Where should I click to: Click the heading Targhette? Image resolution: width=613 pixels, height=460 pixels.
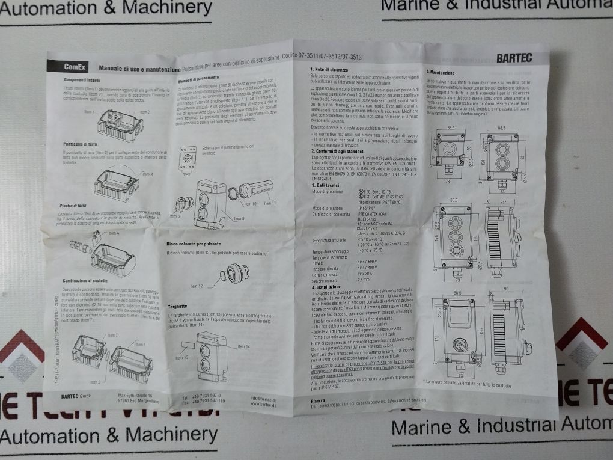[178, 306]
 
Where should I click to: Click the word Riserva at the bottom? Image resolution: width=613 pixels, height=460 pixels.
[319, 400]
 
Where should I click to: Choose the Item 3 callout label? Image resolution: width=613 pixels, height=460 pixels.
[147, 174]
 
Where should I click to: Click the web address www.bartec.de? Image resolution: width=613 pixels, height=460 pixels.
[263, 405]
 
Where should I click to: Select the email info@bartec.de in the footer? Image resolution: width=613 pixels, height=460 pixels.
[264, 397]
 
